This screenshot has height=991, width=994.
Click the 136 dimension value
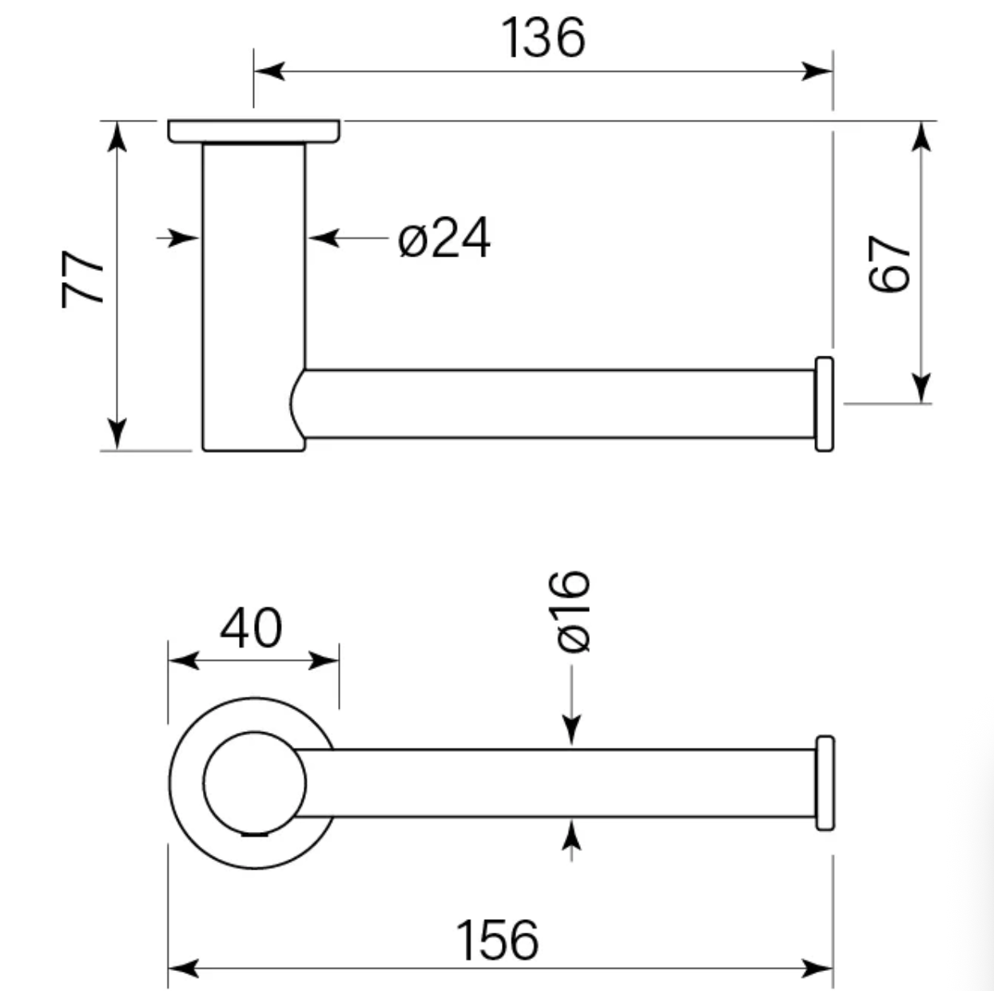click(x=543, y=37)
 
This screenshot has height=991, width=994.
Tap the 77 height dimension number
click(x=82, y=279)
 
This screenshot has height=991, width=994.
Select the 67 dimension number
click(x=889, y=264)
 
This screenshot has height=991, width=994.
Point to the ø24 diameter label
click(x=444, y=238)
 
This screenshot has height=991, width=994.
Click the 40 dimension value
click(x=251, y=628)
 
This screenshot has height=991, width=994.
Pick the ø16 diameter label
click(x=572, y=612)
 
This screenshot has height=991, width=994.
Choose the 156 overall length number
click(x=497, y=940)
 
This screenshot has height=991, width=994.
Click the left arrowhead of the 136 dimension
click(x=269, y=71)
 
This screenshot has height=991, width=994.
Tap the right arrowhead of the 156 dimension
click(x=817, y=969)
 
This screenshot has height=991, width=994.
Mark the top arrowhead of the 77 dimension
click(x=117, y=137)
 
